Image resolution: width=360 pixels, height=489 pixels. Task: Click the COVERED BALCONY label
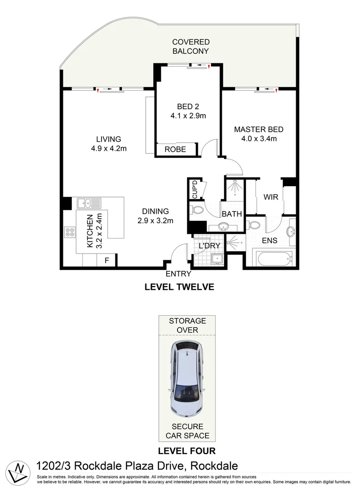pyautogui.click(x=191, y=47)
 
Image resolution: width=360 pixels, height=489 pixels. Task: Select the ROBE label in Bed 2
pyautogui.click(x=175, y=149)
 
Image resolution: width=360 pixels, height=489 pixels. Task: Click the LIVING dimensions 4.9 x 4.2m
pyautogui.click(x=108, y=148)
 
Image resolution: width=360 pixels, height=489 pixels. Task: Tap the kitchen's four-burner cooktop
pyautogui.click(x=71, y=232)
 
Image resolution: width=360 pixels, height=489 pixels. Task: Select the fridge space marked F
pyautogui.click(x=107, y=260)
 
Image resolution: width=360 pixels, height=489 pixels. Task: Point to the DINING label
pyautogui.click(x=155, y=211)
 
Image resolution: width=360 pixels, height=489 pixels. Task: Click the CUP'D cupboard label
pyautogui.click(x=195, y=189)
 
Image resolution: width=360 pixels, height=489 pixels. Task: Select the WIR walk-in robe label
pyautogui.click(x=271, y=197)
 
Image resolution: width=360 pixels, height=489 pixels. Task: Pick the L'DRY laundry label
pyautogui.click(x=210, y=245)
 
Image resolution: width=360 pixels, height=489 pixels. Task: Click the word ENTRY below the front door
pyautogui.click(x=178, y=274)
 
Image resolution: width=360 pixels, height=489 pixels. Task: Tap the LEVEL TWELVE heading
pyautogui.click(x=178, y=287)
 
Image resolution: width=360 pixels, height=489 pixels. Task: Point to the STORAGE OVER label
pyautogui.click(x=187, y=325)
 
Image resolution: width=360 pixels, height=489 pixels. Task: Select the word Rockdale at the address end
pyautogui.click(x=214, y=465)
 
